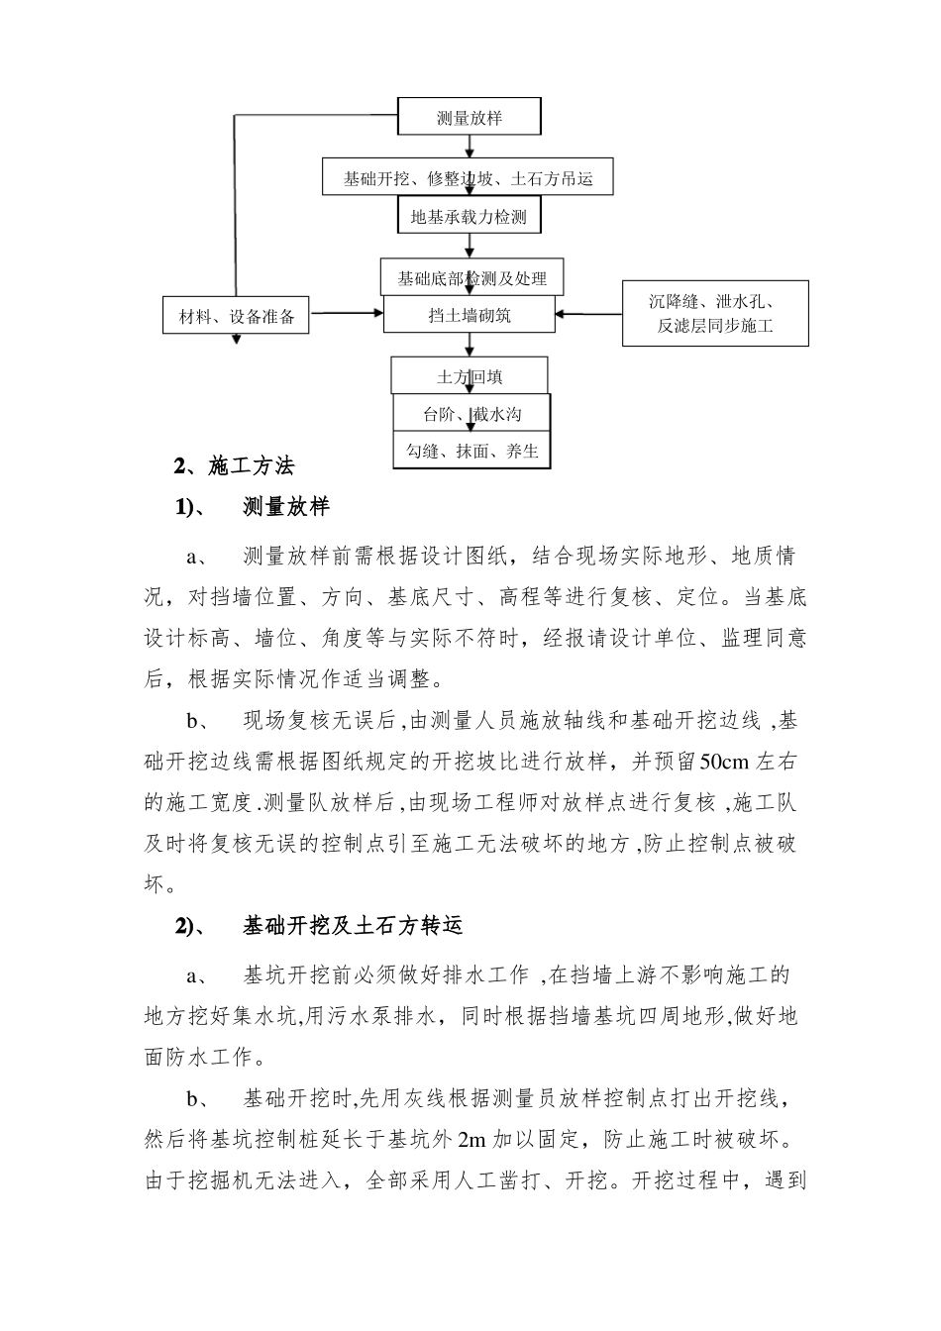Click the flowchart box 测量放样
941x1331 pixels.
coord(470,117)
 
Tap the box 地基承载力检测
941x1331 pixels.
coord(470,216)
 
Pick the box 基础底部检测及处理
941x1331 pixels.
coord(471,278)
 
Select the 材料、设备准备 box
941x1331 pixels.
coord(237,316)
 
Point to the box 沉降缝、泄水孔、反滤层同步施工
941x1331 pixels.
coord(714,313)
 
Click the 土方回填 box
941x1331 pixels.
coord(470,376)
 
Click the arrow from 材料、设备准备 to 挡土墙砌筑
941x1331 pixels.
coord(346,314)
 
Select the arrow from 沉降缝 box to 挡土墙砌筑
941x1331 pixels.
coord(588,314)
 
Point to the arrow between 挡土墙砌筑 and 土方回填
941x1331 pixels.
coord(470,345)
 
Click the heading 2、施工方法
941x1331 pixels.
coord(234,464)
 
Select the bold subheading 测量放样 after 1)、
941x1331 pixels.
coord(285,508)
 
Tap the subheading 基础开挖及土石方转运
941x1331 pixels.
coord(352,926)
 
